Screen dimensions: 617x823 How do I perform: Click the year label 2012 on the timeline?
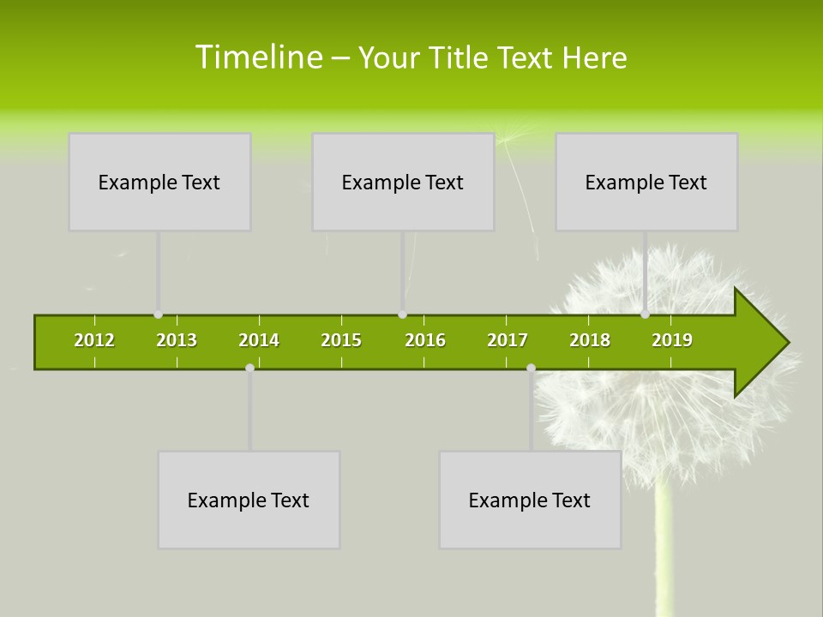94,340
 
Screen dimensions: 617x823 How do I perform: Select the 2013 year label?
177,340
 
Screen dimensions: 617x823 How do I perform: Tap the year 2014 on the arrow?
259,340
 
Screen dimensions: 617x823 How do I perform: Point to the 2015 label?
341,340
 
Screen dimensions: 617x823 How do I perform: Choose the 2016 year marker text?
425,340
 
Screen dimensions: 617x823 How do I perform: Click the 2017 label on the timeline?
508,340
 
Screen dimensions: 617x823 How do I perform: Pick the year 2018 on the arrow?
590,340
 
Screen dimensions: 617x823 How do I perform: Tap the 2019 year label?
672,340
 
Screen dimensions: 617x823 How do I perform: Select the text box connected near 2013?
159,182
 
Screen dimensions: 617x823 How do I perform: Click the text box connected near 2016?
403,182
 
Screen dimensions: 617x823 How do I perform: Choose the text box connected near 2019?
646,182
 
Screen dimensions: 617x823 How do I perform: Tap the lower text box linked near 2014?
249,500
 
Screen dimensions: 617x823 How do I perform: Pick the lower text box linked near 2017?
530,500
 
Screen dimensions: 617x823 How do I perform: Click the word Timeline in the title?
258,57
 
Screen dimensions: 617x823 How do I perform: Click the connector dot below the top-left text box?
158,314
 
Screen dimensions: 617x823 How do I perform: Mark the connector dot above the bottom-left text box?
249,368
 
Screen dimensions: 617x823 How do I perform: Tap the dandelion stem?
662,548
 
